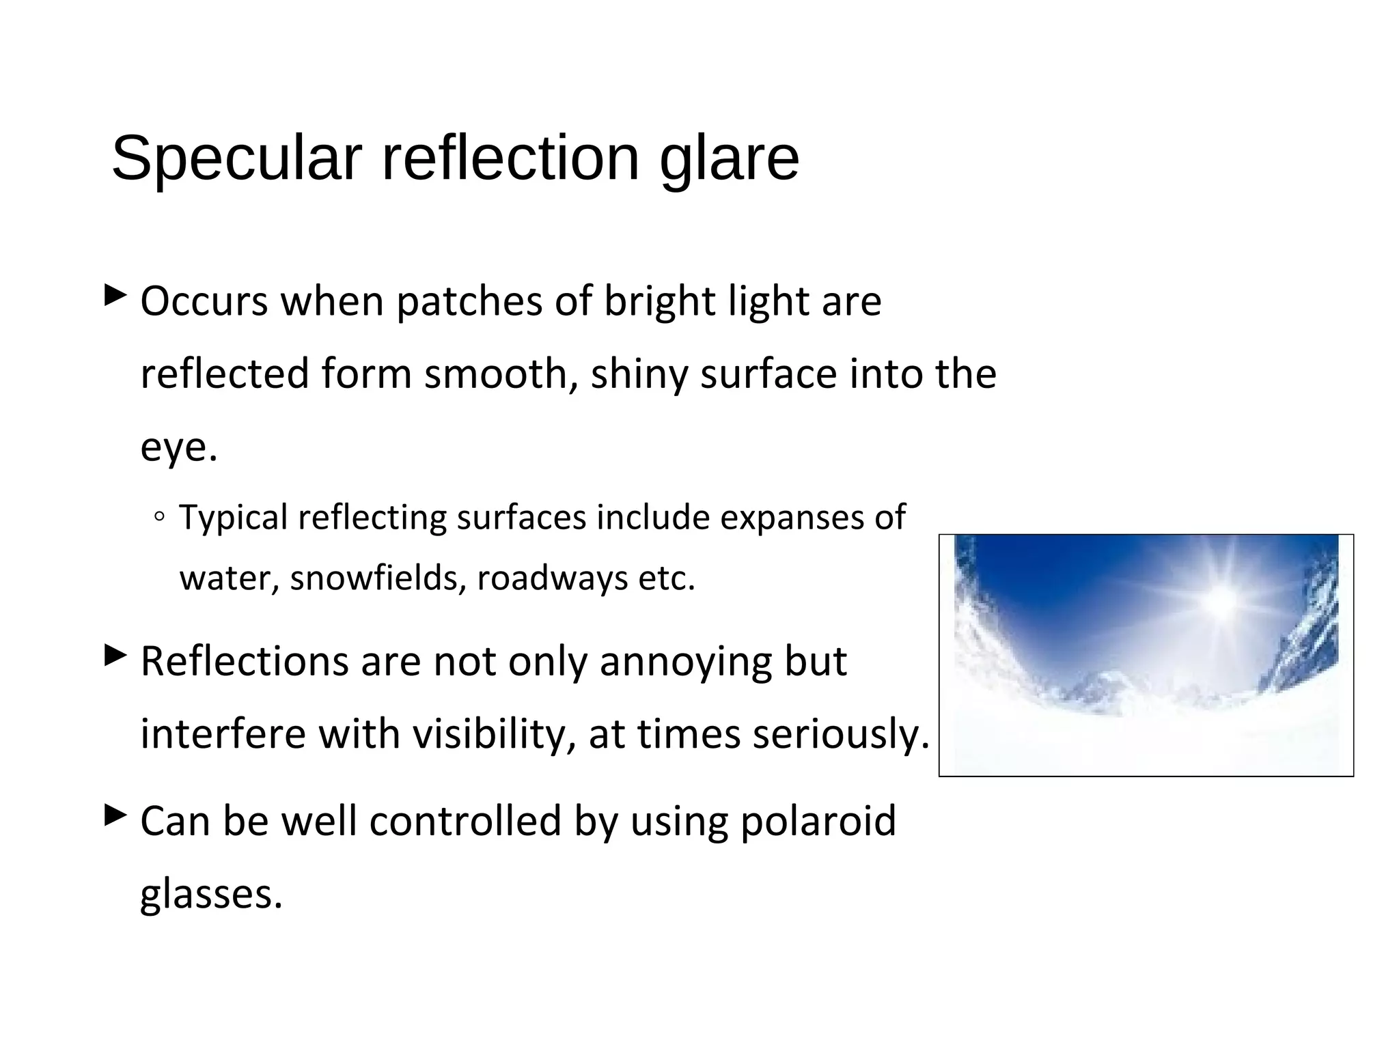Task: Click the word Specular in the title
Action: [x=236, y=159]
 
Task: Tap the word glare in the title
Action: [x=729, y=159]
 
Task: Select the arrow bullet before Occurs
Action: [x=115, y=296]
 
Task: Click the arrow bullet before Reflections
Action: [x=115, y=656]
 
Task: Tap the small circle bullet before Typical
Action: [x=159, y=518]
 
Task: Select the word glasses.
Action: [x=211, y=895]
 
